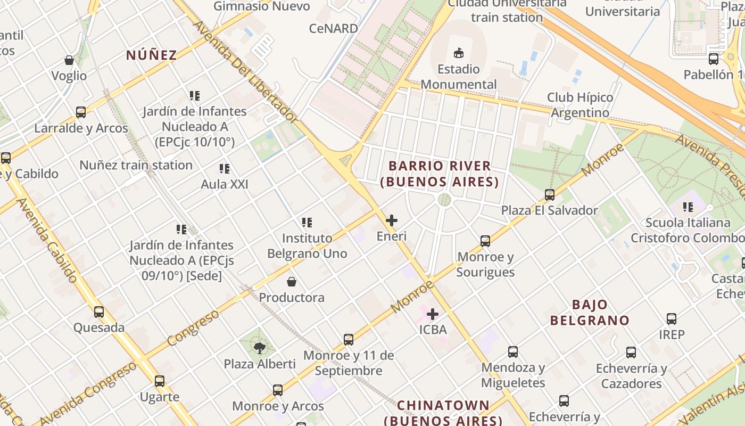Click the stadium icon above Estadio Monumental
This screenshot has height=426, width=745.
coord(458,53)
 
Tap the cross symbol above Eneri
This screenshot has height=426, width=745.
coord(392,220)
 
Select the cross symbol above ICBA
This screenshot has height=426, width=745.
coord(433,314)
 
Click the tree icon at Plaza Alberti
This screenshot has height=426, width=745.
coord(259,348)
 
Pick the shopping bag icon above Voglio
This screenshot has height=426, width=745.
coord(69,60)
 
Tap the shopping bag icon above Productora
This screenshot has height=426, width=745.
coord(292,282)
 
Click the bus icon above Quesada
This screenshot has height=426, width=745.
coord(99,312)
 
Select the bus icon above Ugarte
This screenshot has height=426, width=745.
coord(160,381)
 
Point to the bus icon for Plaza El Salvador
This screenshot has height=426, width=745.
coord(550,195)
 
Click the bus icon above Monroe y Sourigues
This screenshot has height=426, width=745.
coord(485,241)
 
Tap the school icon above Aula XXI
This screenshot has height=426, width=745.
coord(225,169)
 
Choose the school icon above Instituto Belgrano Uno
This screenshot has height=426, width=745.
coord(307,222)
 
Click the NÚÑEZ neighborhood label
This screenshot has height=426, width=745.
coord(151,55)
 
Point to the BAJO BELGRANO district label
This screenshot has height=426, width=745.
coord(590,313)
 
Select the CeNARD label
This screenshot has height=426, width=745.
coord(334,28)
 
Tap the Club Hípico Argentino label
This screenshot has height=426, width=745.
coord(580,105)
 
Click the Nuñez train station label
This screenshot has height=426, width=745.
coord(136,165)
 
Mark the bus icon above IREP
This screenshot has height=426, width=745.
coord(672,319)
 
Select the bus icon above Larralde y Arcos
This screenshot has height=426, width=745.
coord(81,112)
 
